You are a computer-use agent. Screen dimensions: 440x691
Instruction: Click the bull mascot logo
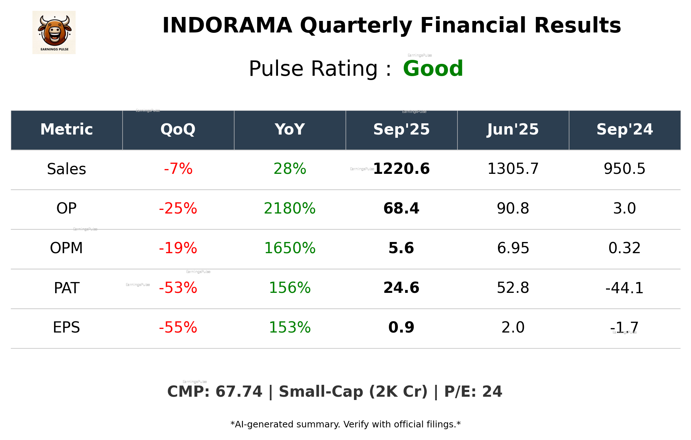coord(54,32)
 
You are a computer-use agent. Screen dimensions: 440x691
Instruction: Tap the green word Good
coord(433,69)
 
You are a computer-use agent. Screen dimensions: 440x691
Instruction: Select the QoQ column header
coord(178,129)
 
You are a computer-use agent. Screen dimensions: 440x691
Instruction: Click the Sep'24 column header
coord(624,129)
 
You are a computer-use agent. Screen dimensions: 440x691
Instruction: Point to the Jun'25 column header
coord(513,129)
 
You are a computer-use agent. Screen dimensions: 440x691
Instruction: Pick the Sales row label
coord(67,169)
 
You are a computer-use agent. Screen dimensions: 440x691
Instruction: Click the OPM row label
coord(67,248)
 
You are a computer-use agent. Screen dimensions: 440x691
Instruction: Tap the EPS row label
coord(67,327)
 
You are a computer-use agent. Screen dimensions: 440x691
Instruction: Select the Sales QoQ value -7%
coord(178,169)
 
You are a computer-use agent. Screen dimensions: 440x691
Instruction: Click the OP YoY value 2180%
coord(290,208)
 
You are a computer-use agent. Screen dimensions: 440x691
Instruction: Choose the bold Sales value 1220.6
coord(401,169)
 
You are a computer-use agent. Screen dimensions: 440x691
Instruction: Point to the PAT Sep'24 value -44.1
coord(624,288)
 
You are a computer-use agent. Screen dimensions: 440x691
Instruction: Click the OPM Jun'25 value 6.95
coord(513,248)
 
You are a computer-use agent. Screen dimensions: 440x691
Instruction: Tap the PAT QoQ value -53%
coord(178,288)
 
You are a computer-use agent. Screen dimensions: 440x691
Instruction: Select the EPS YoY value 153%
coord(290,327)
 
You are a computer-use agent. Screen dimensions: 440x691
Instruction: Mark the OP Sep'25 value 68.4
coord(401,208)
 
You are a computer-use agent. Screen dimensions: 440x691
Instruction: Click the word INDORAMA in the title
coord(227,26)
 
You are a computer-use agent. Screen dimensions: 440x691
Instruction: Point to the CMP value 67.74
coord(239,392)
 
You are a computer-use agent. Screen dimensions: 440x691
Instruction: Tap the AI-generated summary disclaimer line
coord(345,424)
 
